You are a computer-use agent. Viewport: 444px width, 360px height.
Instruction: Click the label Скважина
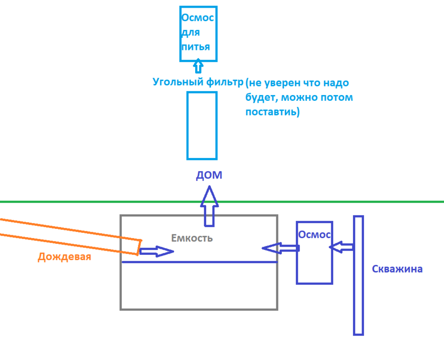(397, 269)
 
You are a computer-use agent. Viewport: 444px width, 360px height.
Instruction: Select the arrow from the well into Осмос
(341, 247)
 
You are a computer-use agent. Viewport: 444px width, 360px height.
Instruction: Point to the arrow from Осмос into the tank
(280, 248)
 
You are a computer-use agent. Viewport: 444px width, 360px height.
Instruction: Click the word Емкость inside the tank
(192, 238)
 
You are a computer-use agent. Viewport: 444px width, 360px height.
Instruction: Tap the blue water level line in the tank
(199, 262)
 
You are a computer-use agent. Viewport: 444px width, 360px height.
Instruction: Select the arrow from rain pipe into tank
(157, 251)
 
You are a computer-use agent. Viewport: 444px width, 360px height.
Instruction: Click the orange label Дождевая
(64, 257)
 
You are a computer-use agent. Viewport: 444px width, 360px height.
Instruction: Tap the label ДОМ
(209, 175)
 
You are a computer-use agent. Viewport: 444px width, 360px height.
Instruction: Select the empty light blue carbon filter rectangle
(202, 126)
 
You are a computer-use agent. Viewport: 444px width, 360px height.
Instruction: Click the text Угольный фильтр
(198, 82)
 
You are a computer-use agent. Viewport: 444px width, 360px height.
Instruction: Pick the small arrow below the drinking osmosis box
(198, 66)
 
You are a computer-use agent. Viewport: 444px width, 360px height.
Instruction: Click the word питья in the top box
(196, 47)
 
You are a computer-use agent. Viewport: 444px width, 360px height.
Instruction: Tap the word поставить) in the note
(272, 112)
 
